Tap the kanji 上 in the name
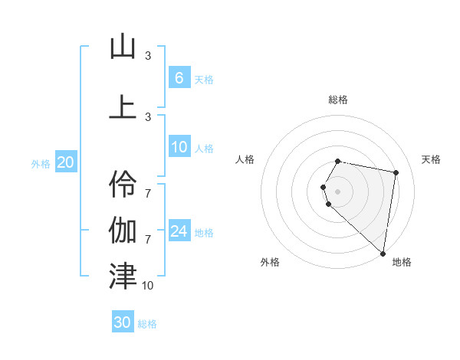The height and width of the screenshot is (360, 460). pos(123,106)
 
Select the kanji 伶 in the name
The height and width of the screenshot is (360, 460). pos(123,182)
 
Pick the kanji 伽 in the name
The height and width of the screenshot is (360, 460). pos(123,229)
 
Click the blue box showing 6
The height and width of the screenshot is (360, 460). pos(179,78)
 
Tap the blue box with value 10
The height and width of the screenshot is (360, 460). pos(179,148)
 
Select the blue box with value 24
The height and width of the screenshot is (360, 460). pos(179,232)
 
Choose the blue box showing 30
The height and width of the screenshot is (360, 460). pos(123,322)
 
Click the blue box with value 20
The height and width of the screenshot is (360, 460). pos(66,162)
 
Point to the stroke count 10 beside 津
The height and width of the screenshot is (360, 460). pos(147,285)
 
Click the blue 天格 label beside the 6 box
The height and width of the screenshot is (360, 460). pos(204,80)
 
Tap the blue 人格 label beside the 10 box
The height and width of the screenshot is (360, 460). pos(204,149)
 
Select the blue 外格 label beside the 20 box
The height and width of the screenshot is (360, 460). pos(41,163)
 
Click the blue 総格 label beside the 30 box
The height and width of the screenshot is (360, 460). pos(147,324)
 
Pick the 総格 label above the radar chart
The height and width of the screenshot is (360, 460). pos(338,100)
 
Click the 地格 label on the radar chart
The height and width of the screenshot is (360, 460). pos(402,262)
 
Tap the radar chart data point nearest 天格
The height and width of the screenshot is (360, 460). pos(396,172)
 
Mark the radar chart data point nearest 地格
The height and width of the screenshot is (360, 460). pos(383,253)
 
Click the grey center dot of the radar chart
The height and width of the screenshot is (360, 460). pos(338,191)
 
